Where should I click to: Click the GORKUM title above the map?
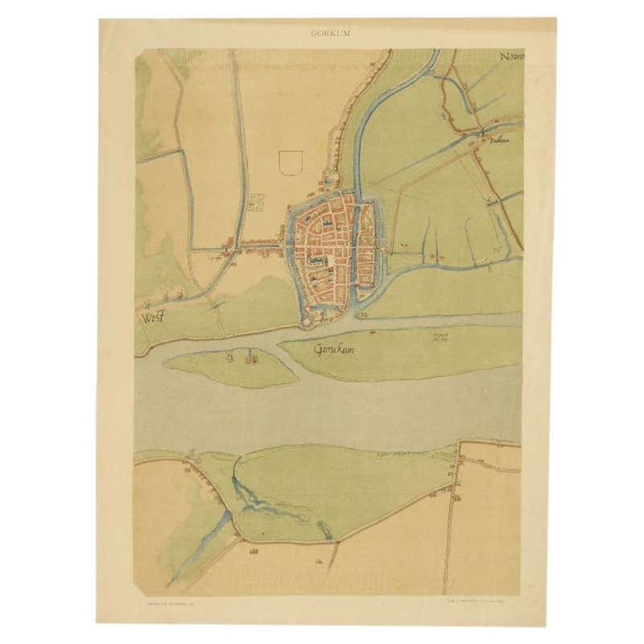[329, 33]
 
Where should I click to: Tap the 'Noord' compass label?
[510, 57]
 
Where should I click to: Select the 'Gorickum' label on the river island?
[334, 350]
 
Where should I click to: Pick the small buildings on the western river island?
[240, 357]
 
